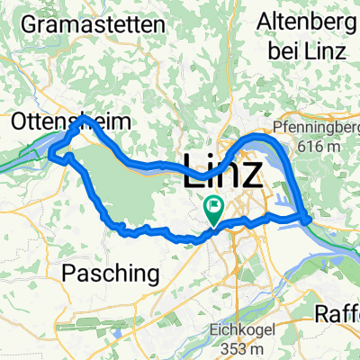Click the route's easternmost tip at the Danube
(x=308, y=219)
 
